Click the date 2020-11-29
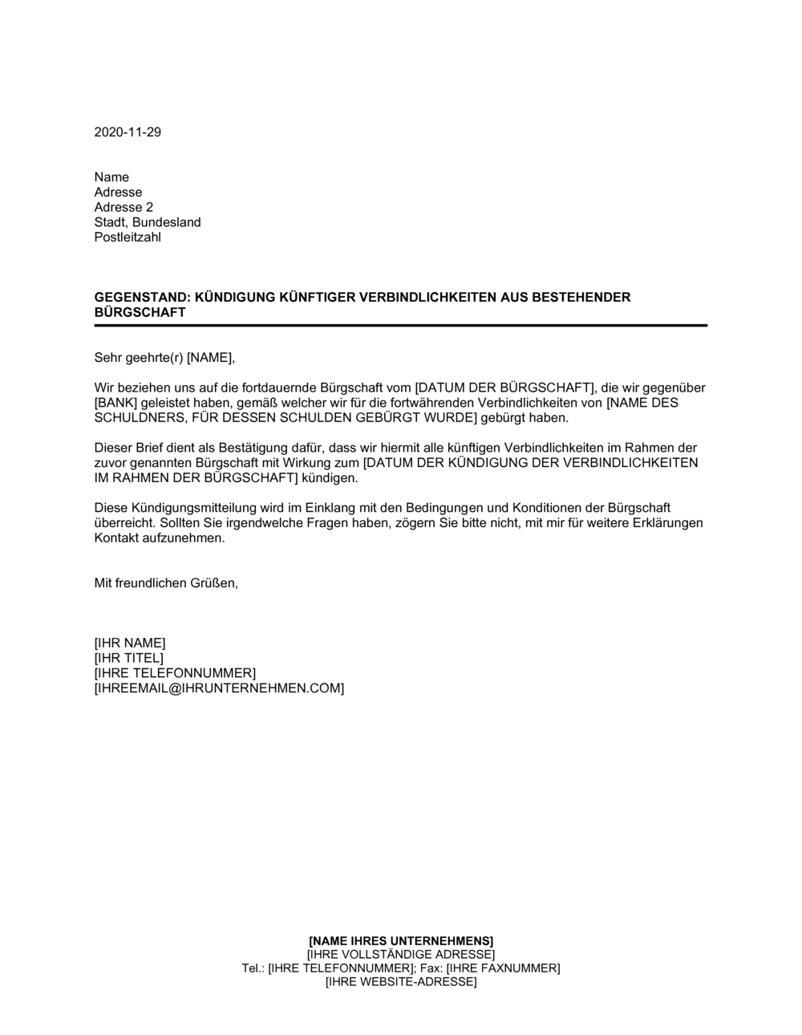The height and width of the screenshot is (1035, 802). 128,132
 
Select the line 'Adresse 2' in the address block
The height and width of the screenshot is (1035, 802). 124,207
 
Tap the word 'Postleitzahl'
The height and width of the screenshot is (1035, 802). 128,237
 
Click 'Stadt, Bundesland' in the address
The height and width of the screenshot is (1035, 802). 148,222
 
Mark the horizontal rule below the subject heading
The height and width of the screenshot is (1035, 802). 401,325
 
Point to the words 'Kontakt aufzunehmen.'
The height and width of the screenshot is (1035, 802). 160,538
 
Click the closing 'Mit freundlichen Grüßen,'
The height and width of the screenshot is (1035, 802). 166,583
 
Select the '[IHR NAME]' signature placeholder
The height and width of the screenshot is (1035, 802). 130,643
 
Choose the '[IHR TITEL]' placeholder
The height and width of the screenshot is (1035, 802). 128,658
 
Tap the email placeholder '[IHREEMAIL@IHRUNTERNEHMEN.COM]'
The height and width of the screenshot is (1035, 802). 219,688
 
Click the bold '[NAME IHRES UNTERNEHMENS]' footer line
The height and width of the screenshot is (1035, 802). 401,940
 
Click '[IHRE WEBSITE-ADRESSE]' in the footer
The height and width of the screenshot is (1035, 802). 401,982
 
